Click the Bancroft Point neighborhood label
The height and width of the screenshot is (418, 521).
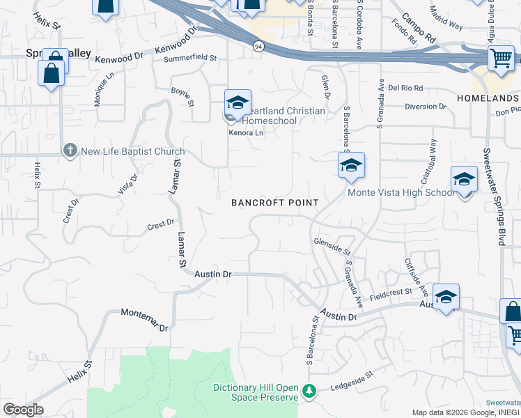tap(275, 203)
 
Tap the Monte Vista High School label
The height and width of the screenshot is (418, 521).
tap(401, 193)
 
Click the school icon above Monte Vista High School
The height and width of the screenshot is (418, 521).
tap(351, 165)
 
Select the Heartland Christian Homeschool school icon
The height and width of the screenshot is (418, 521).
tap(237, 102)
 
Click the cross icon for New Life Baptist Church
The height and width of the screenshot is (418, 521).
tap(70, 150)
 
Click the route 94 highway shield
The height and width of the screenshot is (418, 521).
tap(258, 46)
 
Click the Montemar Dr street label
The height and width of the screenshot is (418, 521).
tap(144, 319)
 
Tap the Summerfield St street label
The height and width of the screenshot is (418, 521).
tap(190, 59)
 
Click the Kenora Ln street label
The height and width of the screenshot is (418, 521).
tap(247, 132)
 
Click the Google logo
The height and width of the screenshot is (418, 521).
tap(22, 410)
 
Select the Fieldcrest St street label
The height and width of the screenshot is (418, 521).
tap(391, 293)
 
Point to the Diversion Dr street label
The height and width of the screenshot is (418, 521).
tap(425, 106)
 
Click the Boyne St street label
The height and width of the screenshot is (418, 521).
tap(182, 97)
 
